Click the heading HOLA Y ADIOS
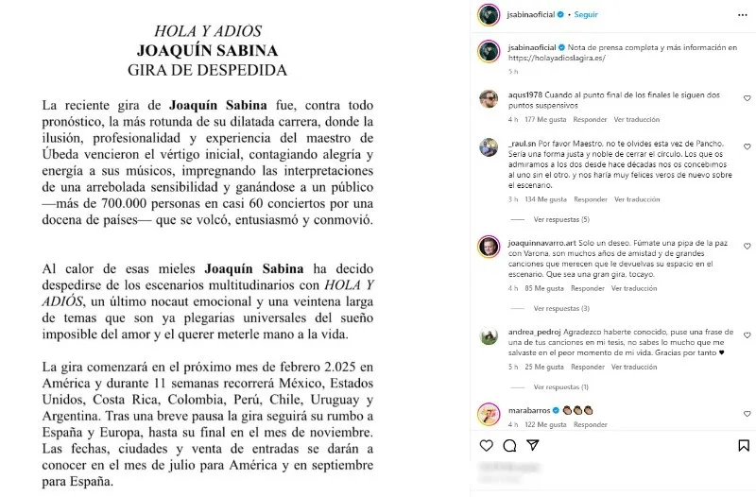[208, 31]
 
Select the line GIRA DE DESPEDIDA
[208, 70]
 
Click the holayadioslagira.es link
[557, 58]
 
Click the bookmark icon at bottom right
[746, 445]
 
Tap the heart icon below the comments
[487, 445]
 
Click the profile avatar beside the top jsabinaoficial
[487, 16]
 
